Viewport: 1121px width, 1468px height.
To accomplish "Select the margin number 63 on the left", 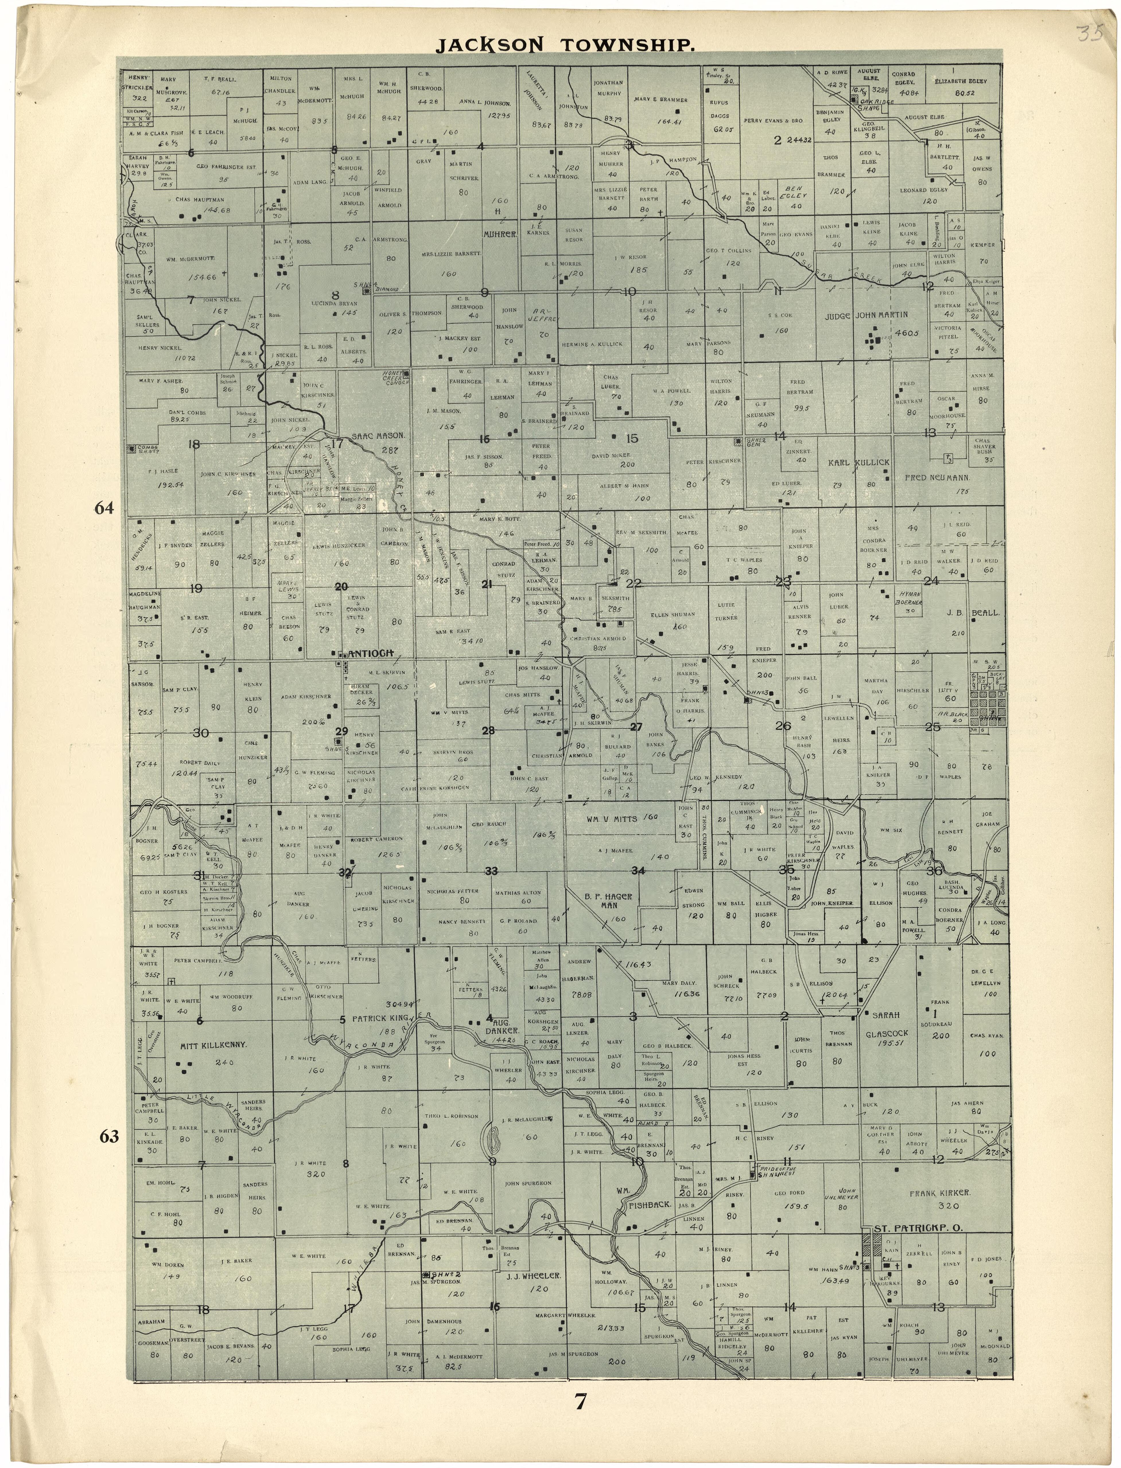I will click(x=109, y=1136).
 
